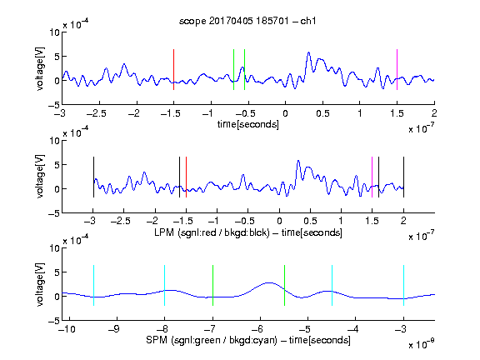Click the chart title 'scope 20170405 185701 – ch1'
click(247, 21)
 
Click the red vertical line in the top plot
click(173, 69)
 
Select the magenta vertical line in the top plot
click(397, 69)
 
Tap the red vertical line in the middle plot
click(186, 177)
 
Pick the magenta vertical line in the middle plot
click(372, 177)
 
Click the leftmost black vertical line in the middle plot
click(93, 177)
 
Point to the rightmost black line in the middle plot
click(403, 177)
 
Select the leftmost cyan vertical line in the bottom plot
click(93, 285)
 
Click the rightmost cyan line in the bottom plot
click(403, 285)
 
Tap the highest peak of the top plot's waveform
click(308, 52)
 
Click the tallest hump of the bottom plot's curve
click(269, 282)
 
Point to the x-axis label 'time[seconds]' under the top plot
click(248, 124)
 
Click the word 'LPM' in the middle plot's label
click(164, 232)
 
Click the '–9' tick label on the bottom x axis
click(114, 329)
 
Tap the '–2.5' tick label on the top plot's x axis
click(97, 113)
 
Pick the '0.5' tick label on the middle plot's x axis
click(310, 221)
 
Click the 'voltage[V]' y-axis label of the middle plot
click(40, 177)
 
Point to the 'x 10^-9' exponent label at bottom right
click(421, 344)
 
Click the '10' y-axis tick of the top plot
click(55, 32)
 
